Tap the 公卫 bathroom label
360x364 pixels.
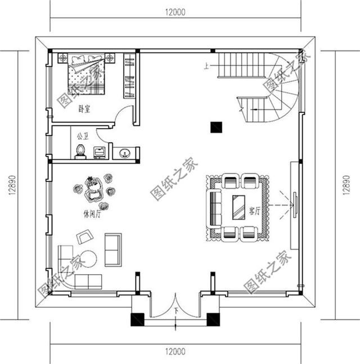[82, 135]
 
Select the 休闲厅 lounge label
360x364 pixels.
[91, 214]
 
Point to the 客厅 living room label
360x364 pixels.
[254, 212]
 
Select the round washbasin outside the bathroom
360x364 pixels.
[124, 153]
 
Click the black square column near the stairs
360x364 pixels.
[215, 127]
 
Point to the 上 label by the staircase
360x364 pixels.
[207, 66]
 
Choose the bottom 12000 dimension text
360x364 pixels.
[176, 352]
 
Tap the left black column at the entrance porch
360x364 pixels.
[137, 320]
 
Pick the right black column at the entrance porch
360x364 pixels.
[213, 320]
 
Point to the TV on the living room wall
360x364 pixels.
[294, 205]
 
